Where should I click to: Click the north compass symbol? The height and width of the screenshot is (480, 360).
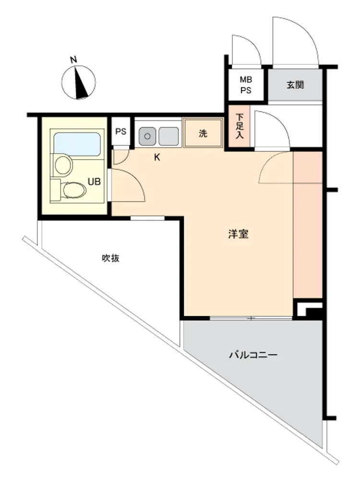pyautogui.click(x=79, y=83)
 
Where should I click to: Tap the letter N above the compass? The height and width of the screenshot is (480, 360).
pyautogui.click(x=73, y=60)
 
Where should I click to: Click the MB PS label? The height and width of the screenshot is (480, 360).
pyautogui.click(x=245, y=85)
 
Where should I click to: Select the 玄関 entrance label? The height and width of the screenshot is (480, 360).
pyautogui.click(x=295, y=85)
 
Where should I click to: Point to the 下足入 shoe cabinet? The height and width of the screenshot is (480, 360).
pyautogui.click(x=240, y=126)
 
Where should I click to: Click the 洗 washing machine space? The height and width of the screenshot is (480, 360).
pyautogui.click(x=203, y=133)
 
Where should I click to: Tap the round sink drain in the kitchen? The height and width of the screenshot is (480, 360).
pyautogui.click(x=147, y=136)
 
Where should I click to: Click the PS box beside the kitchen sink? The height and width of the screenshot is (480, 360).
pyautogui.click(x=121, y=132)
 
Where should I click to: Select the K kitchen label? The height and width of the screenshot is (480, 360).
pyautogui.click(x=157, y=157)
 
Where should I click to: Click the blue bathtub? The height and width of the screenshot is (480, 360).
pyautogui.click(x=77, y=144)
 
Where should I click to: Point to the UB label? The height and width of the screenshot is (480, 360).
pyautogui.click(x=94, y=181)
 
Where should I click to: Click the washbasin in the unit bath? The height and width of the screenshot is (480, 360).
pyautogui.click(x=63, y=165)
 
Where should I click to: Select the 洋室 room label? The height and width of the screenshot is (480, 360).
pyautogui.click(x=238, y=234)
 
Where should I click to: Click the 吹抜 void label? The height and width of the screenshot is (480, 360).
pyautogui.click(x=111, y=258)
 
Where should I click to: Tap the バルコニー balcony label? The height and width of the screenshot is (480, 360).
pyautogui.click(x=253, y=355)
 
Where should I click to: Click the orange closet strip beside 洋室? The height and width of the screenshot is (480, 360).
pyautogui.click(x=308, y=224)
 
